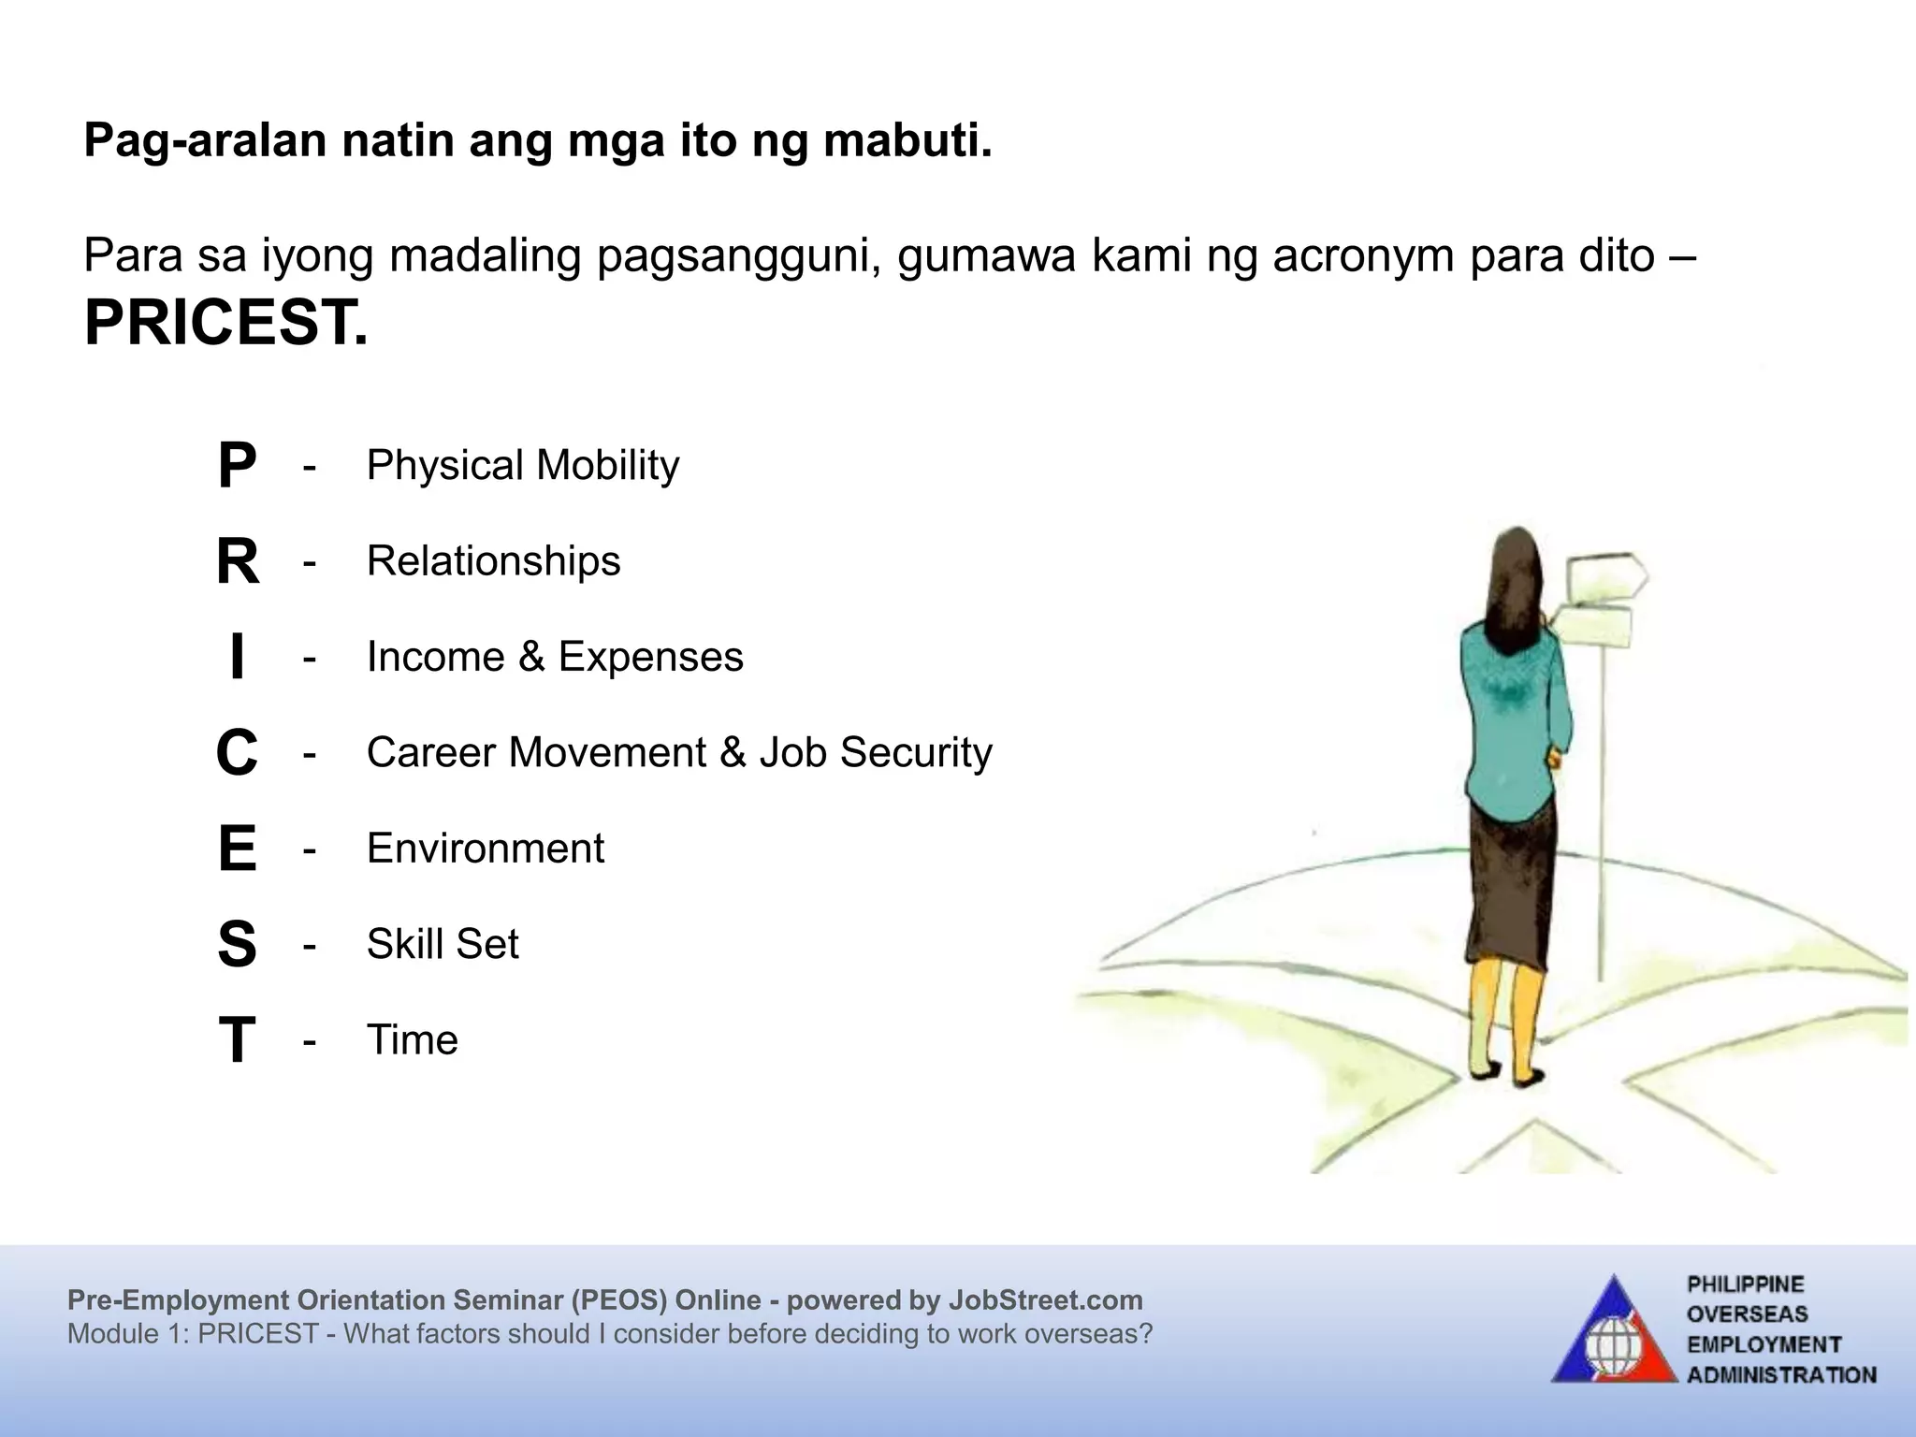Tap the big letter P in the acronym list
coord(237,465)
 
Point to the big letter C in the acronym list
coord(237,753)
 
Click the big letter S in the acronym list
coord(237,944)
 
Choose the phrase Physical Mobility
coord(522,465)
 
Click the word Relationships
coord(493,561)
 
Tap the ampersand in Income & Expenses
coord(531,657)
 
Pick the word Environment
coord(485,849)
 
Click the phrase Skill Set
coord(442,944)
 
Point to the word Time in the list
coord(412,1040)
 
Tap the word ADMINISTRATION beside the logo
coord(1781,1375)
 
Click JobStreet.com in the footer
coord(1045,1300)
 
